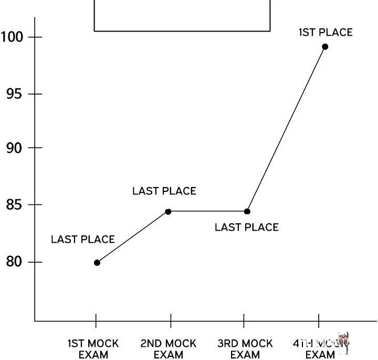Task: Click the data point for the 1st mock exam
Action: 97,263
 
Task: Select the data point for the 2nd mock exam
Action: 168,212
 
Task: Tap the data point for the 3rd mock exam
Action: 247,212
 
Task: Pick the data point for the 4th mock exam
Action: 325,47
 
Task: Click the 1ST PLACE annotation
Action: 325,33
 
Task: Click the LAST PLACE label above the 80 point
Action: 82,240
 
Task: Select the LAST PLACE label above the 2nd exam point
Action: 164,191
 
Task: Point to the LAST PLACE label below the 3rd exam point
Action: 246,228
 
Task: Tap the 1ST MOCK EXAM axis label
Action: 93,349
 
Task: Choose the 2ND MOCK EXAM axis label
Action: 168,349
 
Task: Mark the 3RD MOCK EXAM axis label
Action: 245,349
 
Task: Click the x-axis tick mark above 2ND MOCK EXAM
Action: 171,320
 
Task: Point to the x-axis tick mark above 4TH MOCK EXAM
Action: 319,320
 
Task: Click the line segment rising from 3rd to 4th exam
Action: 286,129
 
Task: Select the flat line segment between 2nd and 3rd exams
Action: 207,212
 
